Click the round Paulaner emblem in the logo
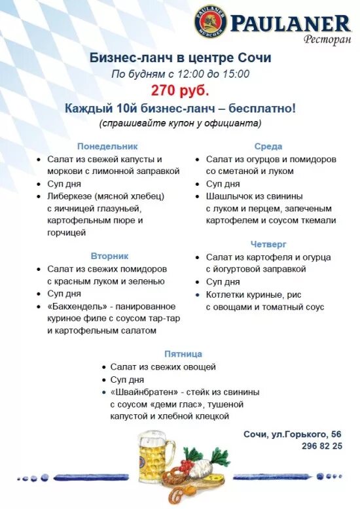(x=210, y=21)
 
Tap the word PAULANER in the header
(x=290, y=24)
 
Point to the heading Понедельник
(x=107, y=146)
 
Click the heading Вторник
(x=110, y=256)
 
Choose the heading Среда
(x=268, y=146)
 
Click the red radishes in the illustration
(x=190, y=472)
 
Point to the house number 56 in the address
(x=335, y=434)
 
